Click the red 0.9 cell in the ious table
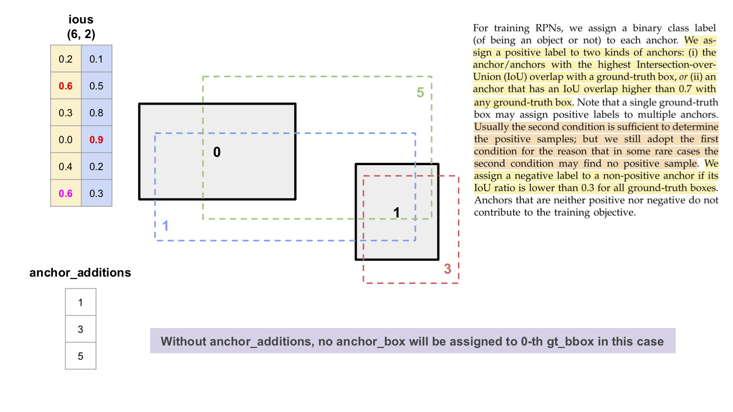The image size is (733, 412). (x=96, y=140)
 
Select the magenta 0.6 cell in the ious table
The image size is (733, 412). (x=65, y=194)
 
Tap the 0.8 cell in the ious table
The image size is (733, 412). (x=96, y=113)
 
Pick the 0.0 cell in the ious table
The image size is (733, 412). (x=65, y=140)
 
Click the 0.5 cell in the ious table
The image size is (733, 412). (x=96, y=86)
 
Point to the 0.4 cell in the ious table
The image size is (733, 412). (x=65, y=167)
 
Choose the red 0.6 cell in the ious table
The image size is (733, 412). (x=65, y=86)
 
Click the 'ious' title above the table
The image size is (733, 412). (x=81, y=20)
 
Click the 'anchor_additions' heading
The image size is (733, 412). (x=80, y=273)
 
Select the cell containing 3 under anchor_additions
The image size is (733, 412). (x=81, y=329)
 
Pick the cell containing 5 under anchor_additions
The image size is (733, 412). (x=81, y=356)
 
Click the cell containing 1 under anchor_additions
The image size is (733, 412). (x=81, y=303)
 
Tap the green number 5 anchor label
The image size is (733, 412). (x=420, y=93)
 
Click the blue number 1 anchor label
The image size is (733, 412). (x=166, y=226)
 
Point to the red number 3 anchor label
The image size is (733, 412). (x=448, y=269)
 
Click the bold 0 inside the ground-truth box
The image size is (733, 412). (x=217, y=152)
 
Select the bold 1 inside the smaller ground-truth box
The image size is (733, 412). (x=397, y=213)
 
